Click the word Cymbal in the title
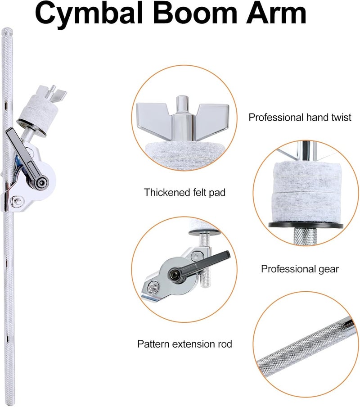point(89,13)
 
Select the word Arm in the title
point(276,13)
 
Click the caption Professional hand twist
point(300,118)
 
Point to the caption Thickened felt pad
point(184,192)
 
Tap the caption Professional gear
point(300,269)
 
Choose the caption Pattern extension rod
point(184,344)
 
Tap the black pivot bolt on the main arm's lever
point(41,182)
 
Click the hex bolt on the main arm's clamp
point(18,201)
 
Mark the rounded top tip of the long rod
point(7,30)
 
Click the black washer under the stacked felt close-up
point(306,225)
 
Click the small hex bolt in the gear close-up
point(152,287)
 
